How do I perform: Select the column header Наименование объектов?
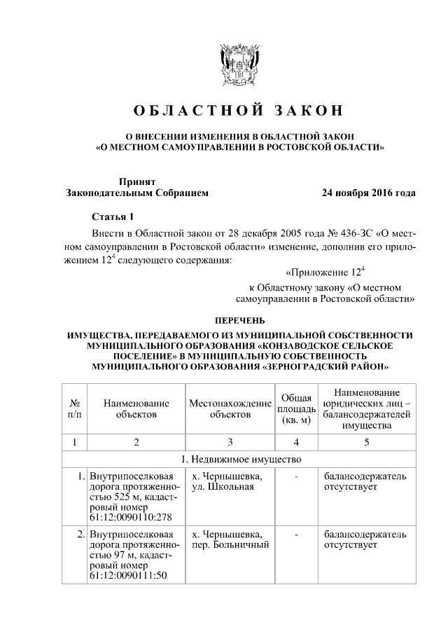[x=136, y=409]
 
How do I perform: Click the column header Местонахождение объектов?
[x=230, y=409]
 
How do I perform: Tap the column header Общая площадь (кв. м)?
[x=296, y=409]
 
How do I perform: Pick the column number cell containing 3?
[x=230, y=442]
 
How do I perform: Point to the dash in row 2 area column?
[x=296, y=535]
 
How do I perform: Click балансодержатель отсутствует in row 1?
[x=364, y=482]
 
